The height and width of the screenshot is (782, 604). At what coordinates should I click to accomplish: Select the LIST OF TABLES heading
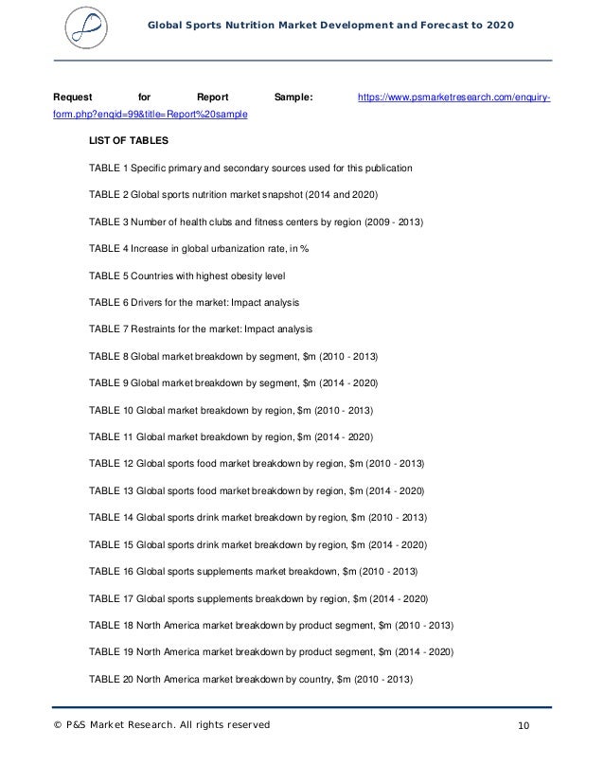(x=129, y=141)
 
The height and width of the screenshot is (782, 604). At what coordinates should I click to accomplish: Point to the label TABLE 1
(x=107, y=168)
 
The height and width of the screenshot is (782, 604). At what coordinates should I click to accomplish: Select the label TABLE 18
(x=111, y=626)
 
